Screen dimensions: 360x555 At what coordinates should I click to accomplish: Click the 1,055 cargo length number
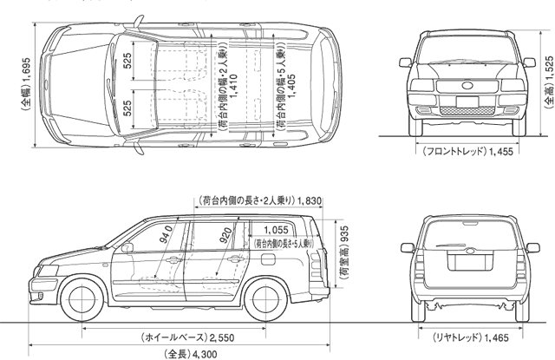(276, 230)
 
